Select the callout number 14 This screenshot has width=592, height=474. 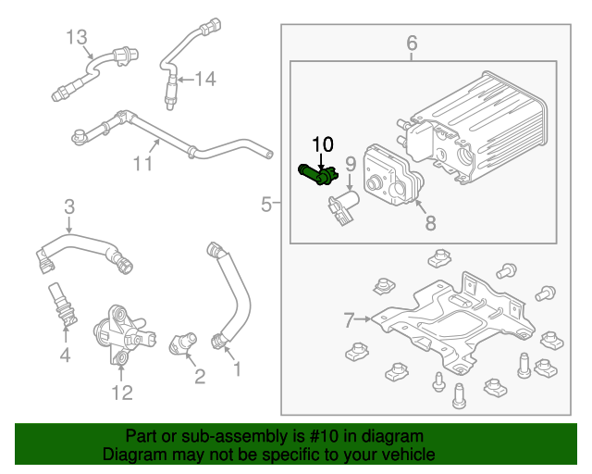(x=204, y=80)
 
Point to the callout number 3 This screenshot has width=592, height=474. (x=68, y=206)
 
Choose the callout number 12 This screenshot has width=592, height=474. (x=122, y=393)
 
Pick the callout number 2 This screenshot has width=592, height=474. (x=199, y=375)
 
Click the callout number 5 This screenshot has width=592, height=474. (x=266, y=204)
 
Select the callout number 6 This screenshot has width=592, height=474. (x=412, y=43)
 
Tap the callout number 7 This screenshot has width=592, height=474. (x=349, y=320)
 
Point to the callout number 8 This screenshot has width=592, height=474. (x=429, y=222)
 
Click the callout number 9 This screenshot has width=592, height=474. (x=351, y=165)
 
